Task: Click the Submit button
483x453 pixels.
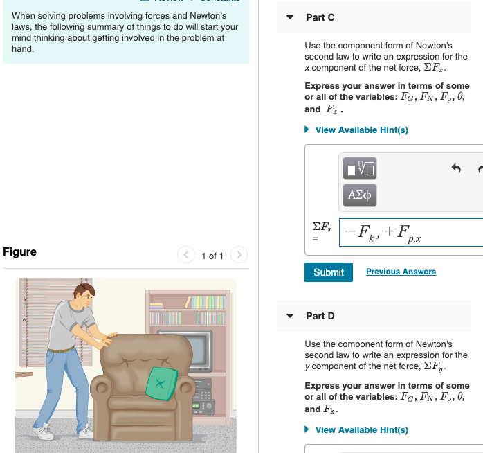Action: [328, 272]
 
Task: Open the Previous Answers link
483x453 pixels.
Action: [401, 272]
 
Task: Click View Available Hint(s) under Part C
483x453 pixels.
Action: [361, 130]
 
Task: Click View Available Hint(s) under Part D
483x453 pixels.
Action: [361, 430]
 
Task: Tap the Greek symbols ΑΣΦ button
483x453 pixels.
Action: [360, 196]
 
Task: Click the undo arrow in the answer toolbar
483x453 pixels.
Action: [455, 168]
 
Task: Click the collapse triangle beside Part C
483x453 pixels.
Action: [289, 17]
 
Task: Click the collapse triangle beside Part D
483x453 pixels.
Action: [289, 316]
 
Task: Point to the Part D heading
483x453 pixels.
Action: [320, 316]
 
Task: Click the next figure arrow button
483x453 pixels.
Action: [239, 256]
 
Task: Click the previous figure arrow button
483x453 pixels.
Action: [186, 256]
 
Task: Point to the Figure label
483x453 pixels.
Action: [20, 251]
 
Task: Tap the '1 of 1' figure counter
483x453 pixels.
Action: [212, 256]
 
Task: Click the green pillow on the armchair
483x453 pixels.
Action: [161, 383]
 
